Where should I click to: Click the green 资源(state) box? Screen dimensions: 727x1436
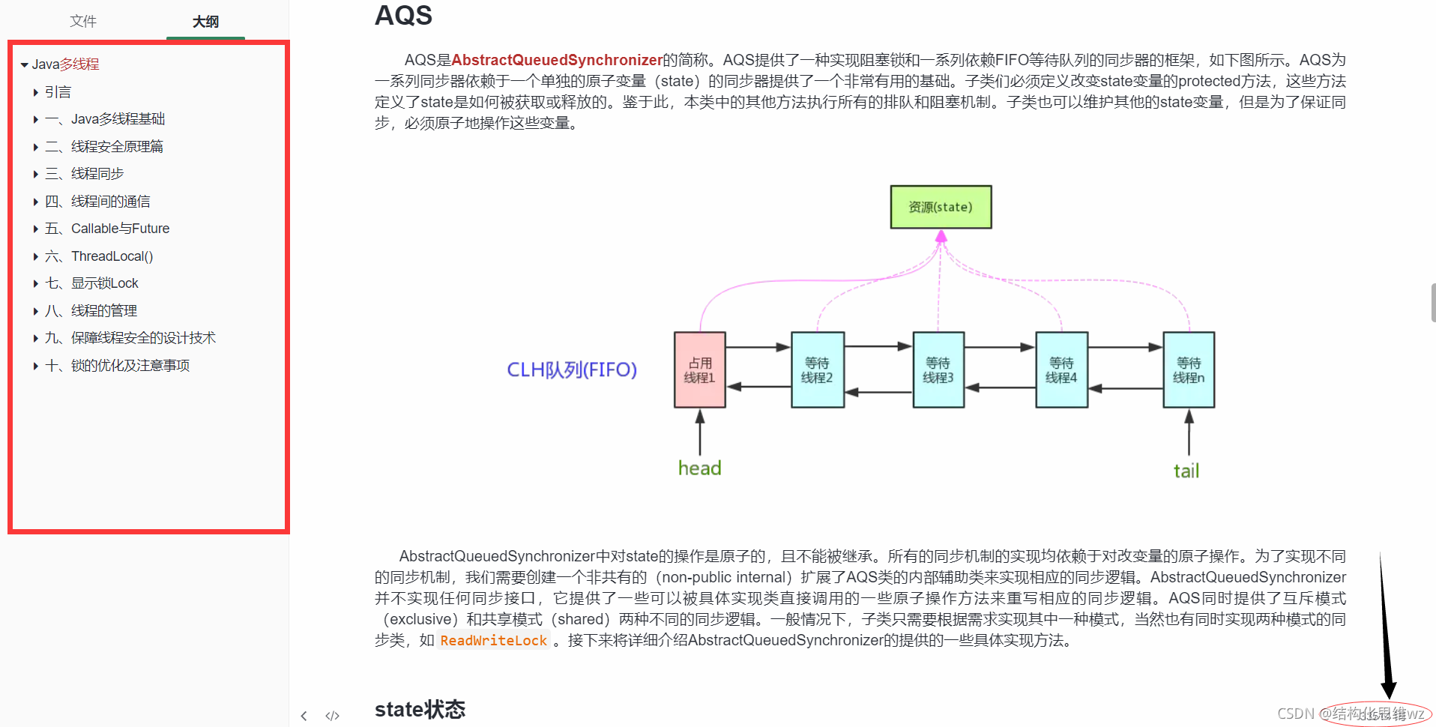[941, 207]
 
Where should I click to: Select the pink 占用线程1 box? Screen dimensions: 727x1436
[700, 370]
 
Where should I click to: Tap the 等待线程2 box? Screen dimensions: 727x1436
[818, 370]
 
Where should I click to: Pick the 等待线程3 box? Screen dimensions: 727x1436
[938, 370]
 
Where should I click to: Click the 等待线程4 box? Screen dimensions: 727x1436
[1061, 370]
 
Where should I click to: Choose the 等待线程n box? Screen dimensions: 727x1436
[1189, 370]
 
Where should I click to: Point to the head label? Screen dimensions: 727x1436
[699, 468]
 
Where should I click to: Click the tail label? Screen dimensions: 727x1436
[1186, 471]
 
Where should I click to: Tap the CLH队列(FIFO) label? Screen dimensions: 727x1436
[572, 369]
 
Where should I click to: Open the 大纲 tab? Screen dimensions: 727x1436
[205, 22]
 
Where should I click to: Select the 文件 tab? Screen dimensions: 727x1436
[83, 21]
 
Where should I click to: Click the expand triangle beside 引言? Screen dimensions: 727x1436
[36, 92]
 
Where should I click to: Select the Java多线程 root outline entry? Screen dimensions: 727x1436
[65, 64]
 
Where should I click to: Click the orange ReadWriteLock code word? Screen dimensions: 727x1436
[493, 641]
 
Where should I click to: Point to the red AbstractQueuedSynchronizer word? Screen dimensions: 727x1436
[557, 60]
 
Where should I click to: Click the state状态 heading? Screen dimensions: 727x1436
[420, 709]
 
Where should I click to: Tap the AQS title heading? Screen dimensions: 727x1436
[403, 15]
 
